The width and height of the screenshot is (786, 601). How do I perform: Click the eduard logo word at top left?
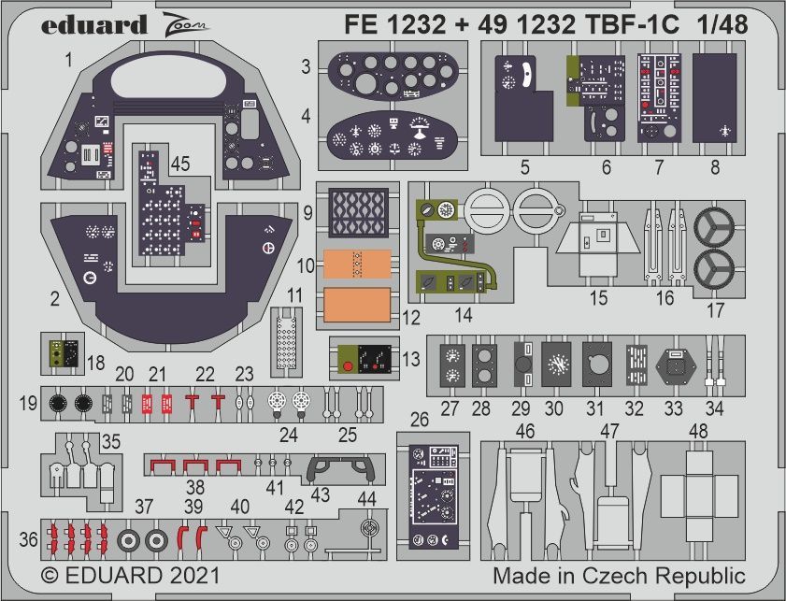93,24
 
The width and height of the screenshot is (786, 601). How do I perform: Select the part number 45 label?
180,163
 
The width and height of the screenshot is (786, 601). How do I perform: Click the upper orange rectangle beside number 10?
356,265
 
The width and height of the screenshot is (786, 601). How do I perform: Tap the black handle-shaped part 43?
342,466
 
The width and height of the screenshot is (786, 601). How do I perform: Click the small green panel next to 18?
62,351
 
